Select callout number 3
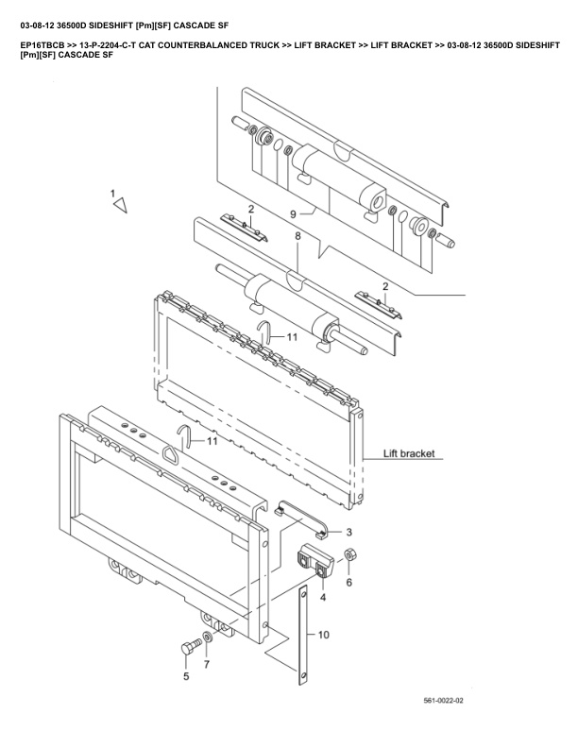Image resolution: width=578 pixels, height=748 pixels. click(348, 533)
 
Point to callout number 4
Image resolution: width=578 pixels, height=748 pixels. click(324, 597)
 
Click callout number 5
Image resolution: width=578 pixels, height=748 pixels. click(185, 675)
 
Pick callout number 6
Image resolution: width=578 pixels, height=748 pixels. click(348, 584)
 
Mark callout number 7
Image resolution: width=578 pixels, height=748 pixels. click(207, 666)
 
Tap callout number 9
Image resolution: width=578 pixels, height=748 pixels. click(294, 214)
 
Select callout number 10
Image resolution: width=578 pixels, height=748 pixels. click(323, 636)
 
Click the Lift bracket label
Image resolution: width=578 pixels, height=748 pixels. click(409, 453)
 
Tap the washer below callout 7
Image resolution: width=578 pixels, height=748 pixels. click(207, 638)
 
